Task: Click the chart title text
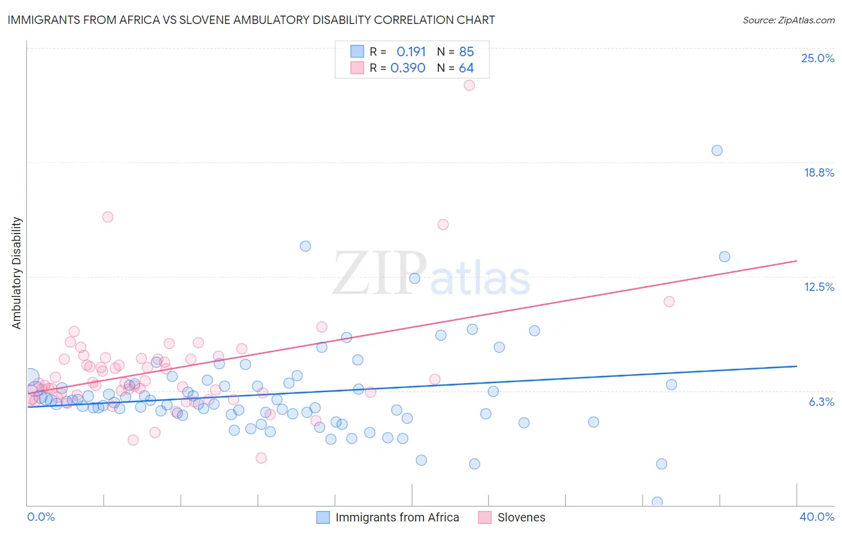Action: (x=251, y=20)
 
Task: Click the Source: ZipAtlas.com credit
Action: (x=788, y=20)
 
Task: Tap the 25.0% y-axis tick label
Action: (x=817, y=58)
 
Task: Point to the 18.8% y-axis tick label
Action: (x=819, y=172)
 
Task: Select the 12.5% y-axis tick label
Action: (x=819, y=287)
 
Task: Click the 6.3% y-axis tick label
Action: (x=822, y=402)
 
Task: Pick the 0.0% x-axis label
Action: (x=41, y=517)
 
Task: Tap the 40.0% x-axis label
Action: (x=817, y=517)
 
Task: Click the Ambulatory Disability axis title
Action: (x=17, y=273)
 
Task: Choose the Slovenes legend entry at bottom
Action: (x=521, y=517)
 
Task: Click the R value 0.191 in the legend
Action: (x=411, y=51)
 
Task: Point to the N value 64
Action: (x=467, y=68)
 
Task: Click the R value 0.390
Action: (x=408, y=68)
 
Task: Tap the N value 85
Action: (x=467, y=51)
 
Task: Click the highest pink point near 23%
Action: (x=470, y=85)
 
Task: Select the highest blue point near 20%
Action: (x=717, y=150)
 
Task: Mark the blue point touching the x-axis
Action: (x=657, y=502)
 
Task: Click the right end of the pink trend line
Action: (x=796, y=261)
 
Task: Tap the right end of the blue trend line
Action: (x=796, y=366)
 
